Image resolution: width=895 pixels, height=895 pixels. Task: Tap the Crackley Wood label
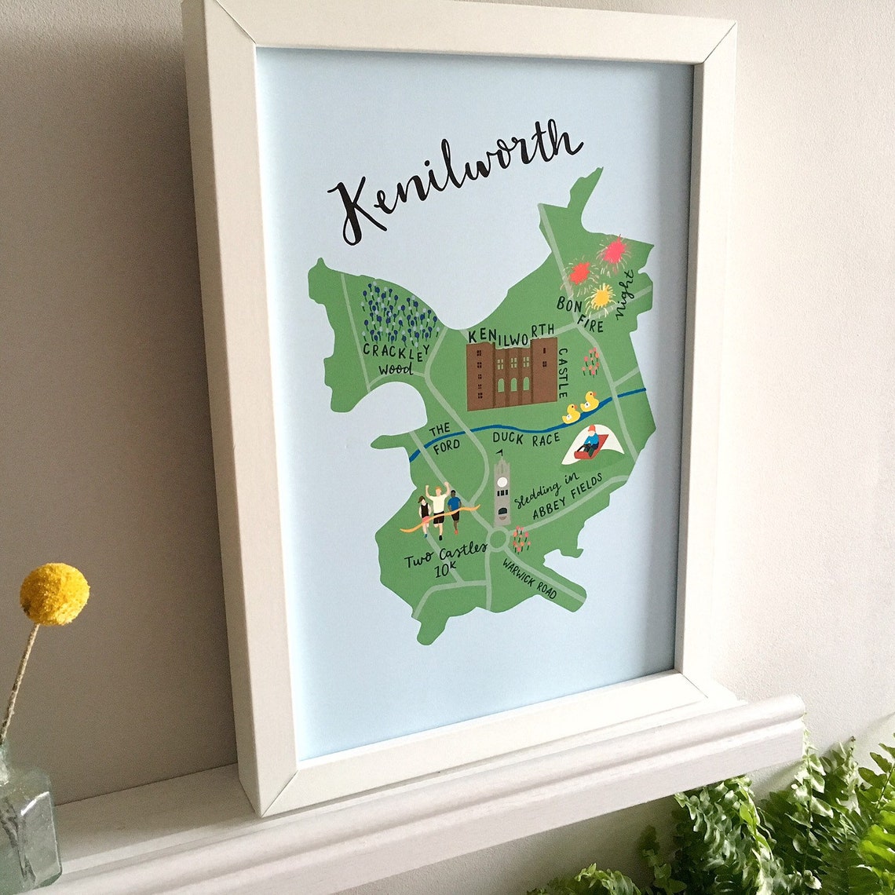(x=396, y=358)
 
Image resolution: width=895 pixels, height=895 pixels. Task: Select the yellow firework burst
(x=601, y=297)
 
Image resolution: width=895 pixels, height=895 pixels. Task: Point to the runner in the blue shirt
(x=454, y=509)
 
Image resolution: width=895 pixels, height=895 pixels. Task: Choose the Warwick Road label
(x=530, y=579)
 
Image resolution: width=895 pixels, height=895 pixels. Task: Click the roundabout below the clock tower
(x=497, y=539)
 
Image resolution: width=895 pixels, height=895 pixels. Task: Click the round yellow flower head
(x=54, y=594)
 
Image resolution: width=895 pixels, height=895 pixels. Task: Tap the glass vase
(x=27, y=824)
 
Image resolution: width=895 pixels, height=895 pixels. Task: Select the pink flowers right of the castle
(x=590, y=361)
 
